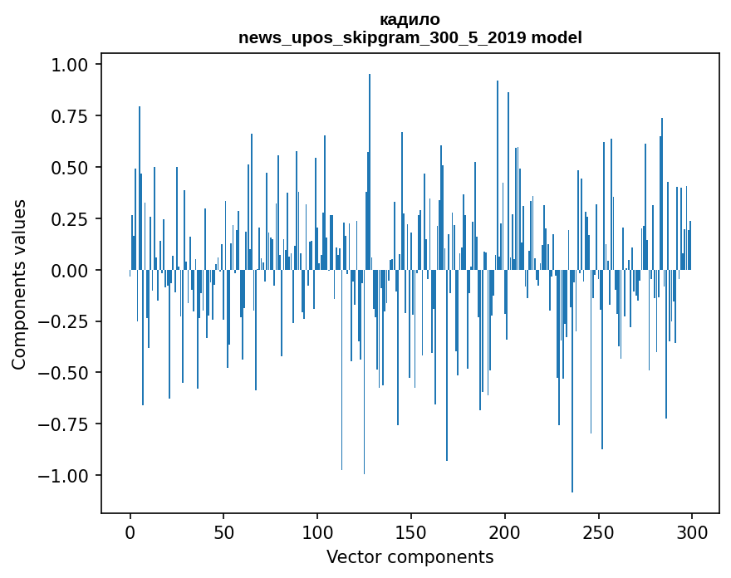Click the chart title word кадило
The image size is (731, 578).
410,19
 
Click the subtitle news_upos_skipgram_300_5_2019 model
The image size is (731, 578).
410,37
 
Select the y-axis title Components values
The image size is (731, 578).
19,284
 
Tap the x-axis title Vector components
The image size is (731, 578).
410,557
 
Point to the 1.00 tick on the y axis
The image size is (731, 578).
71,65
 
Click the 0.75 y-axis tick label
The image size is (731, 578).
71,116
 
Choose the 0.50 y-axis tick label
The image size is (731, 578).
71,168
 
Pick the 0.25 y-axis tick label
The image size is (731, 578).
71,219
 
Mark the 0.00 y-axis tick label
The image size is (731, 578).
71,271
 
